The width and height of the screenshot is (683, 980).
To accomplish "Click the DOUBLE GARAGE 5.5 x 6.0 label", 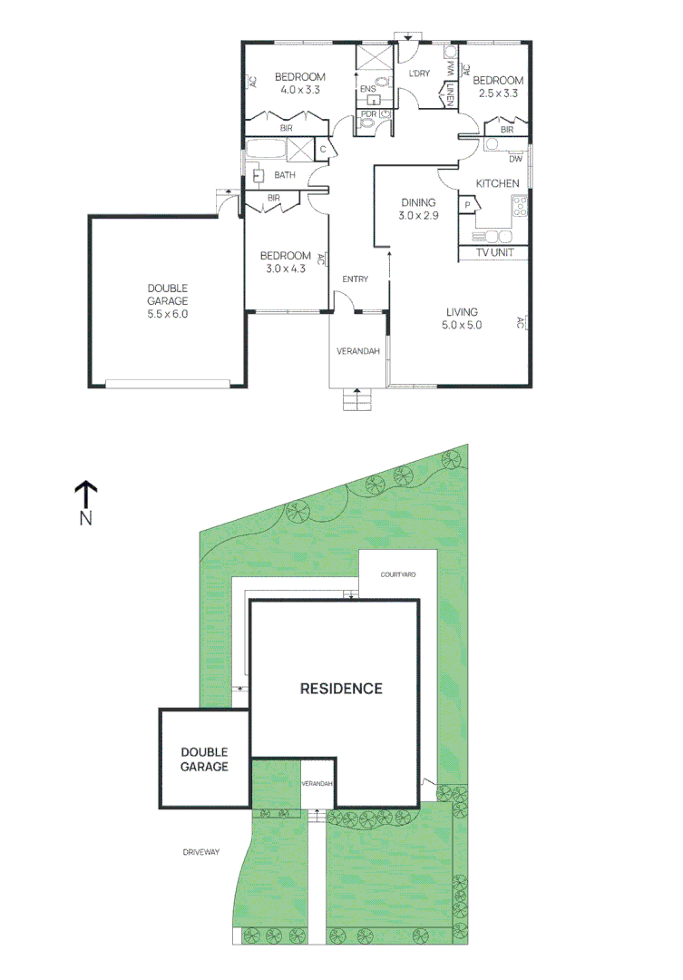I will (x=168, y=300).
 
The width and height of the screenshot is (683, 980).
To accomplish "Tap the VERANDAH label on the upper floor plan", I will (x=357, y=350).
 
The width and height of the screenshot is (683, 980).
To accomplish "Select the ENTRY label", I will (x=355, y=279).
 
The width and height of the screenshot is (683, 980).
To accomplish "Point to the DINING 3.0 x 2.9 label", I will (x=417, y=209).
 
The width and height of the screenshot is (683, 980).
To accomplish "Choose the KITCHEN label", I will (x=498, y=183).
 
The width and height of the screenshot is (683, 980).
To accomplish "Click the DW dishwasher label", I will (x=515, y=160).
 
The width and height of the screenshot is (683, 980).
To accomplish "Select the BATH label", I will (x=285, y=175).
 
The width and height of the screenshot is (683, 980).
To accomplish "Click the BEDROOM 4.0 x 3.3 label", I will (x=300, y=83).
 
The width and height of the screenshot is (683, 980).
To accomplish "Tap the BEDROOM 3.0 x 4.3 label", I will (x=285, y=262).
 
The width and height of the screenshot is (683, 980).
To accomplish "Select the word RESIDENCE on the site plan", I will (x=341, y=688).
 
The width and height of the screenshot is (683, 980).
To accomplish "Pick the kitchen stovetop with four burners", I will (x=520, y=209).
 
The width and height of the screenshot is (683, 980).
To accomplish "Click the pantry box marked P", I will (x=467, y=205).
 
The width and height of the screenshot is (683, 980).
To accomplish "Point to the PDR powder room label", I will (x=368, y=113).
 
